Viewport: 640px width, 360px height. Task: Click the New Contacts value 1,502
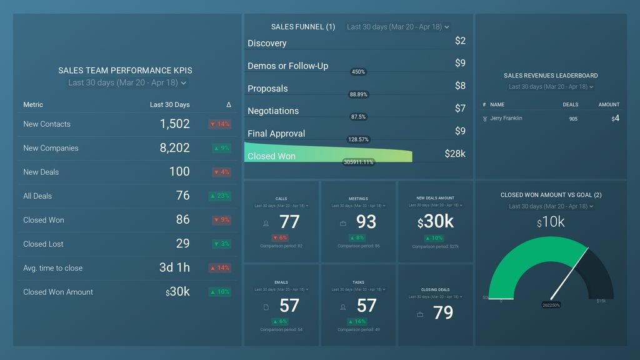[x=174, y=124]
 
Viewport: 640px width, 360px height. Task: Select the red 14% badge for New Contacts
[x=219, y=124]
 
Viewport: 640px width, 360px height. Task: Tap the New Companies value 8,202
[x=174, y=148]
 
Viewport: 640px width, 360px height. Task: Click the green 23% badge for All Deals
[x=219, y=196]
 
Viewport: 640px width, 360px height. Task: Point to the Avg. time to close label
[x=52, y=268]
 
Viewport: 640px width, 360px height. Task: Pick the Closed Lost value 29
[x=182, y=244]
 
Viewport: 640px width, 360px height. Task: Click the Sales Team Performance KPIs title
[x=125, y=71]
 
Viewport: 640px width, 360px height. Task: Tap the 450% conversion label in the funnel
[x=358, y=72]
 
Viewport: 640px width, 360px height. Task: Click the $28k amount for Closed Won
[x=454, y=154]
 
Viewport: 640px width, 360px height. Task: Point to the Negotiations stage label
[x=273, y=111]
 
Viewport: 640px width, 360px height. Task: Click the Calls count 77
[x=289, y=222]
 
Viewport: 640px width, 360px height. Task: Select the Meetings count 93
[x=366, y=222]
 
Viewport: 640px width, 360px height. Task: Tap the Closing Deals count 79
[x=443, y=312]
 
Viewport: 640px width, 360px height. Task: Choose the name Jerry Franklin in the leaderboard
[x=506, y=118]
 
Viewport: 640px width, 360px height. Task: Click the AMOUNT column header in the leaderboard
[x=609, y=104]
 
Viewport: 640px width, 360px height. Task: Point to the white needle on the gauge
[x=569, y=272]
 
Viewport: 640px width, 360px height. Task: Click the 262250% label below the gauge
[x=551, y=305]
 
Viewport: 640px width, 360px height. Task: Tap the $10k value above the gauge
[x=551, y=222]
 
